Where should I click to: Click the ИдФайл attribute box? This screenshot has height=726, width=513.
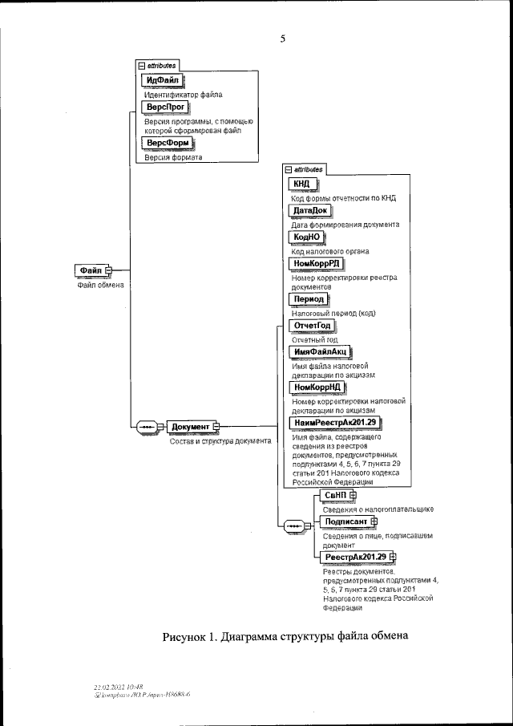[x=163, y=80]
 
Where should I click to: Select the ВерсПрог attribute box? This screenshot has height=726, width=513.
[x=165, y=107]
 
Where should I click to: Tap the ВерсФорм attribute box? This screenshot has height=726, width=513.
[x=169, y=143]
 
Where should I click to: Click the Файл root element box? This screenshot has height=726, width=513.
[x=91, y=270]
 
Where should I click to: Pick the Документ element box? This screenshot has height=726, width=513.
[x=189, y=427]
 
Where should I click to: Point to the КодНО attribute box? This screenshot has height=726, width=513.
[x=306, y=237]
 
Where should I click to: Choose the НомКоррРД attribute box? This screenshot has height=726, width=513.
[x=318, y=264]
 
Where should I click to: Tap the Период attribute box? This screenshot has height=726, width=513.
[x=309, y=298]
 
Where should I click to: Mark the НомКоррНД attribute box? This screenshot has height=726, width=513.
[x=318, y=387]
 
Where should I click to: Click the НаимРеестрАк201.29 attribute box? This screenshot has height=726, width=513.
[x=335, y=422]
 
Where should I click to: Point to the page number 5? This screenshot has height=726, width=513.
[x=283, y=38]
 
